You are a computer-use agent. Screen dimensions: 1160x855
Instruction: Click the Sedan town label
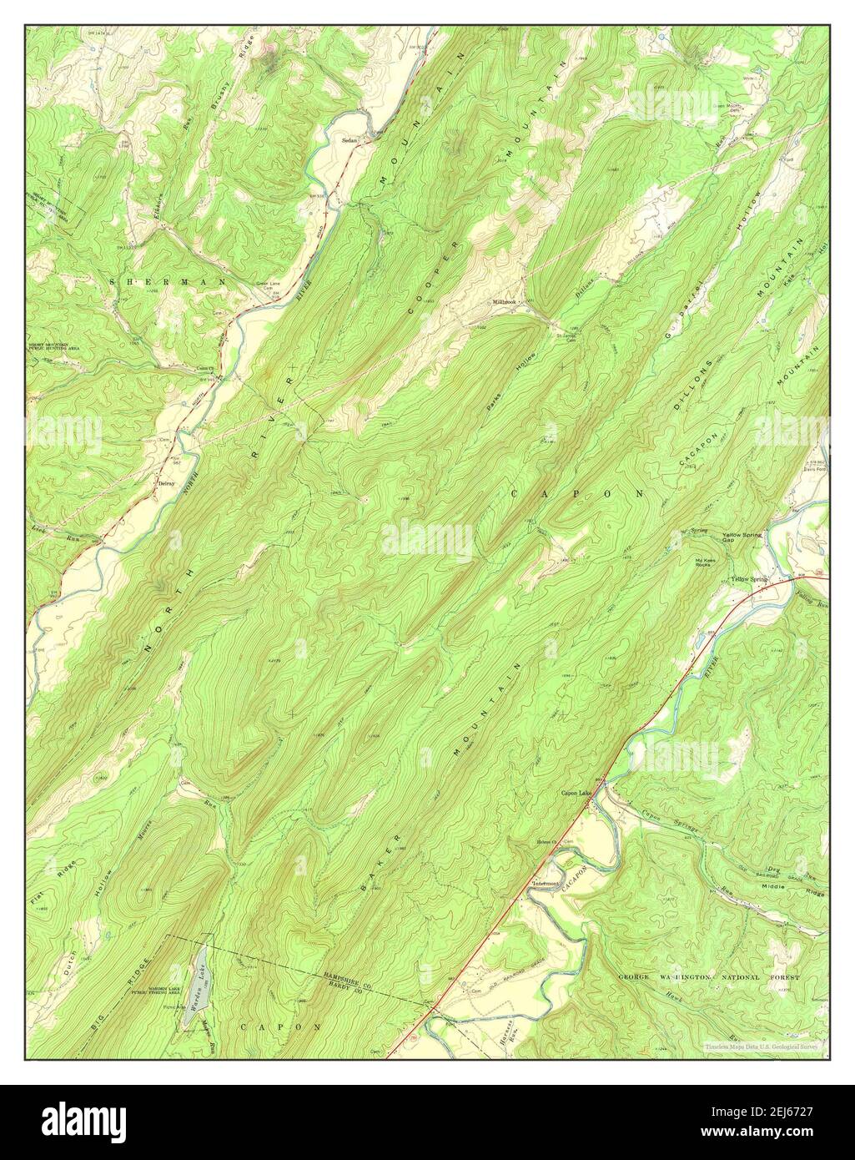pos(350,140)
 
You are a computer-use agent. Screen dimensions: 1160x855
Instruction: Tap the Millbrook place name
pos(505,301)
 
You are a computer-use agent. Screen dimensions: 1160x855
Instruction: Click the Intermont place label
pos(551,884)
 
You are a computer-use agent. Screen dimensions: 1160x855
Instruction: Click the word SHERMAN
pos(168,283)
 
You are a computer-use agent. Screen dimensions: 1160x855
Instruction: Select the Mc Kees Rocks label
pos(704,562)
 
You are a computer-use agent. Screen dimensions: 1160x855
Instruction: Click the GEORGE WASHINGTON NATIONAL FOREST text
pos(708,976)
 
